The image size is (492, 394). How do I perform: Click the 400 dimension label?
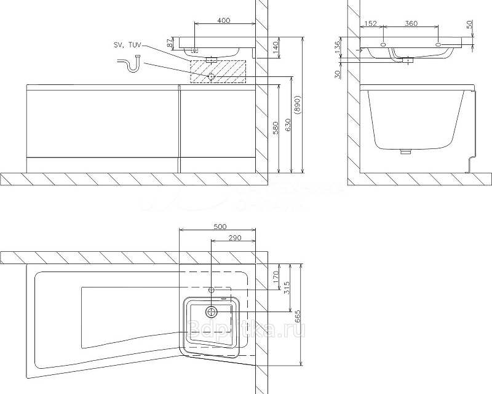point(223,20)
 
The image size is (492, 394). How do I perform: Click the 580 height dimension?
point(276,127)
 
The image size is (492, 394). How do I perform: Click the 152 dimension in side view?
point(369,23)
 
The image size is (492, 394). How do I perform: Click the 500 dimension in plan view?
point(220,226)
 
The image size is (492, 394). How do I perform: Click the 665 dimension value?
point(298,316)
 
